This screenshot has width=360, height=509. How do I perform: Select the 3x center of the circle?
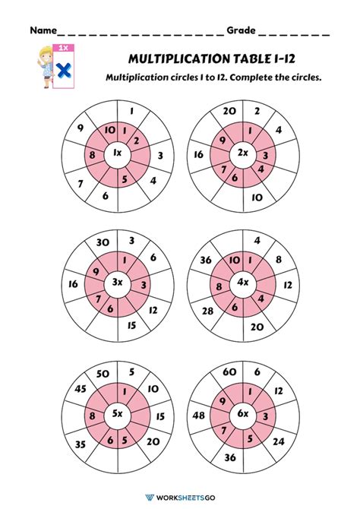coord(118,283)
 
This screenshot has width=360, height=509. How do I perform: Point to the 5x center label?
coord(118,415)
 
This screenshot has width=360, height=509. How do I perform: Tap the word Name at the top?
coord(43,31)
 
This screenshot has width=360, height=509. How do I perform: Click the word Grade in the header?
coord(241,31)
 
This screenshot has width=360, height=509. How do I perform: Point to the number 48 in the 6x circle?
coord(199,416)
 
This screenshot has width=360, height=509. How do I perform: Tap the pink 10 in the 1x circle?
coord(109,131)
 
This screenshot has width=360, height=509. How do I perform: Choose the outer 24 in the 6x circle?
coord(278,441)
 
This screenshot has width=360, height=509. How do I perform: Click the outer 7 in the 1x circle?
coord(81,183)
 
